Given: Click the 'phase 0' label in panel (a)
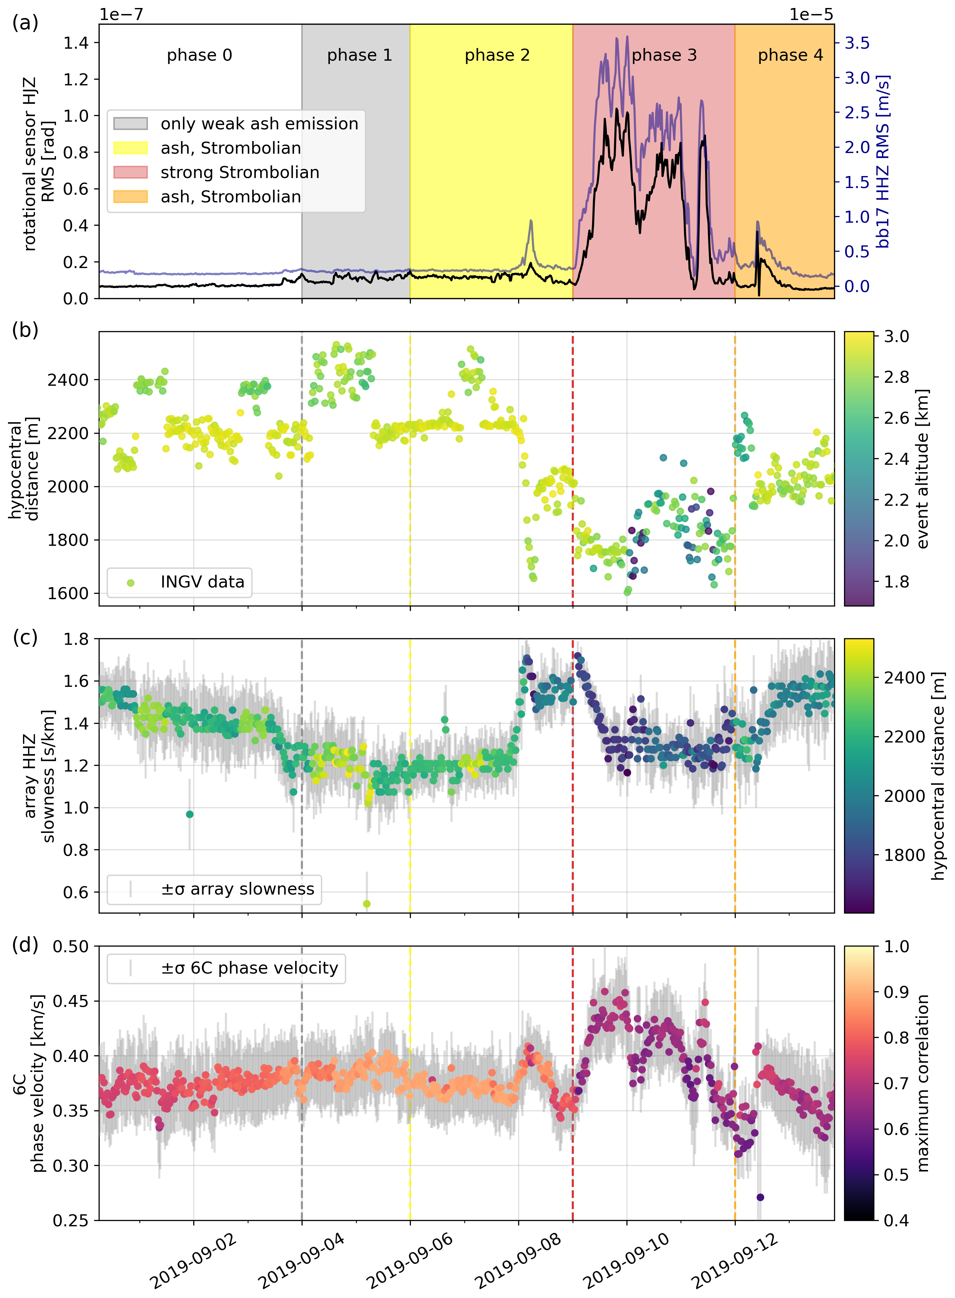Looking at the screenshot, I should point(200,56).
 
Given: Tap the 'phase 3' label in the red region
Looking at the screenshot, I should point(664,56).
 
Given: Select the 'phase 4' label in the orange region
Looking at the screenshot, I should point(790,56).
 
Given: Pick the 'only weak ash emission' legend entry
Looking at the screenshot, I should point(259,124).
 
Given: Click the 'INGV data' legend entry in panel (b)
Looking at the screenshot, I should point(202,582).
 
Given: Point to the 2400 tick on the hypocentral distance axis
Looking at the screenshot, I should point(69,380).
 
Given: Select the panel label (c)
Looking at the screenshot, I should point(25,637).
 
